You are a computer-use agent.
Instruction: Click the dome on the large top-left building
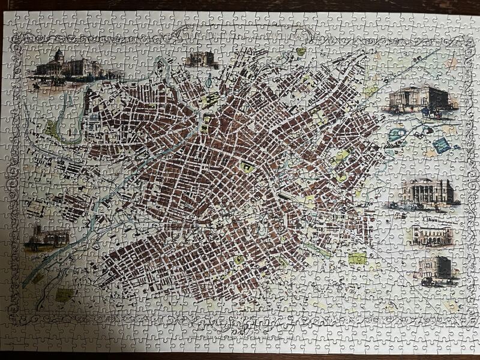(x=59, y=55)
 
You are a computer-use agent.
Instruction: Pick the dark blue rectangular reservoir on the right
(x=442, y=145)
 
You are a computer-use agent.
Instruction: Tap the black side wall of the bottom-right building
(x=445, y=267)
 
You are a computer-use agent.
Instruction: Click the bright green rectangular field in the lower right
(x=358, y=259)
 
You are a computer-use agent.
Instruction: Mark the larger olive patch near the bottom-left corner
(x=64, y=295)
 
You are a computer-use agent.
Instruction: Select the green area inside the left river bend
(x=52, y=130)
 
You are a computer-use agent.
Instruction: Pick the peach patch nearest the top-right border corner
(x=451, y=62)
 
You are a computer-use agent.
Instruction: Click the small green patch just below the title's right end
(x=301, y=52)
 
